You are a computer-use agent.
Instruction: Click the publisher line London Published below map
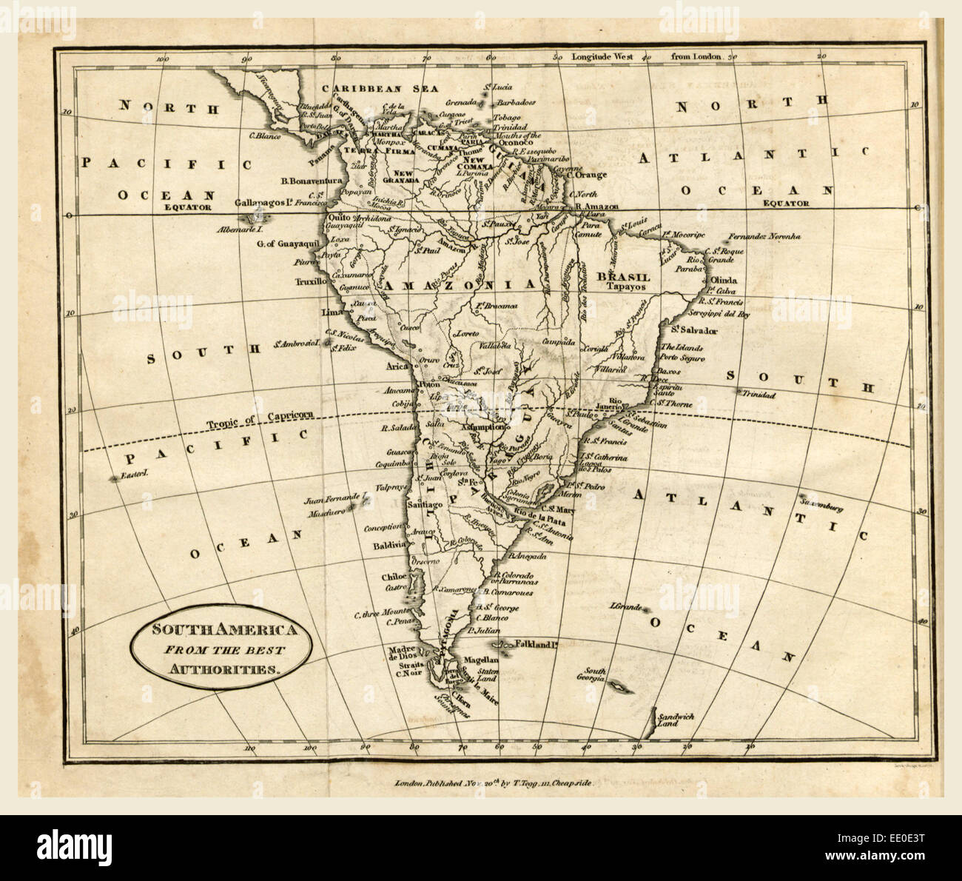click(x=494, y=781)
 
